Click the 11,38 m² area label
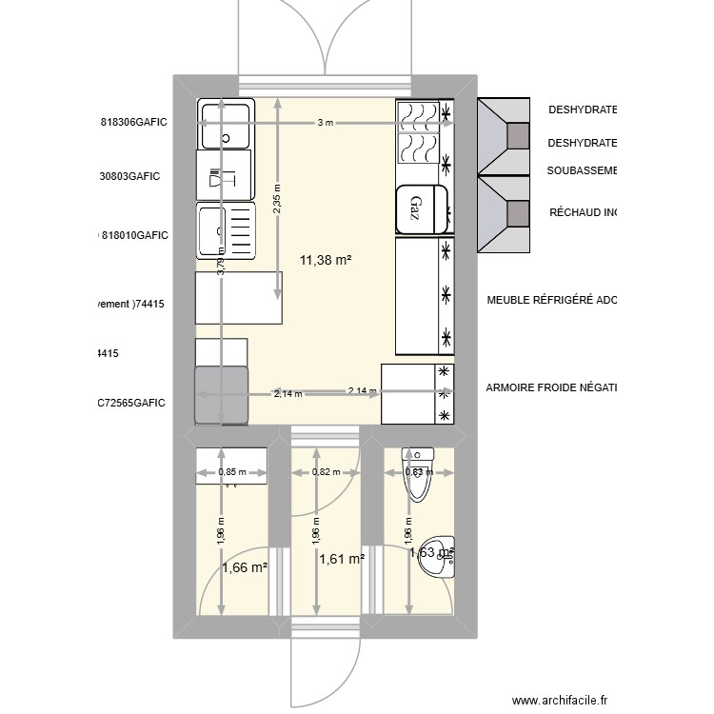[326, 259]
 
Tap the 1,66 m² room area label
[244, 568]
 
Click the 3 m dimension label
[326, 123]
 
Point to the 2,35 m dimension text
[277, 201]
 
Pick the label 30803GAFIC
[129, 176]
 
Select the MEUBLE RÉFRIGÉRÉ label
[551, 301]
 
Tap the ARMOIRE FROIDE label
[551, 387]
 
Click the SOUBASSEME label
[582, 170]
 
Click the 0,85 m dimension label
[232, 471]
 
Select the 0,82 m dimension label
[326, 471]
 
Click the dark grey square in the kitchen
[221, 395]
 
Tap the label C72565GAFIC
[131, 403]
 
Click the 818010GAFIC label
[134, 234]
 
